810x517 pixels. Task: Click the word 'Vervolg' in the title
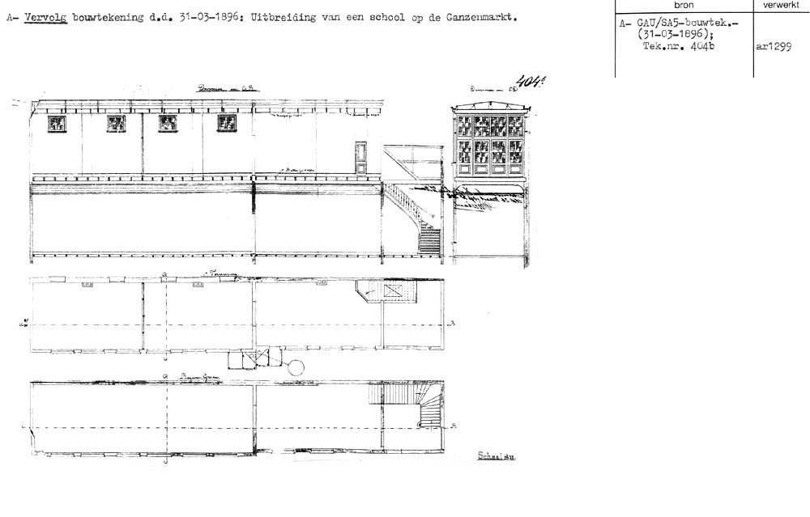point(46,17)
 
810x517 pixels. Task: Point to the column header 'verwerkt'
point(781,6)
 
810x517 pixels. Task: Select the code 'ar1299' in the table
point(773,47)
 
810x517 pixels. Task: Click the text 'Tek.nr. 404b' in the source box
point(676,47)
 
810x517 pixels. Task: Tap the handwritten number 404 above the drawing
point(528,81)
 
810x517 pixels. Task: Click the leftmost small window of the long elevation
point(58,123)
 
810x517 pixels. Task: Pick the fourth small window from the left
point(227,123)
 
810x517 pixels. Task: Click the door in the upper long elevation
point(361,158)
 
